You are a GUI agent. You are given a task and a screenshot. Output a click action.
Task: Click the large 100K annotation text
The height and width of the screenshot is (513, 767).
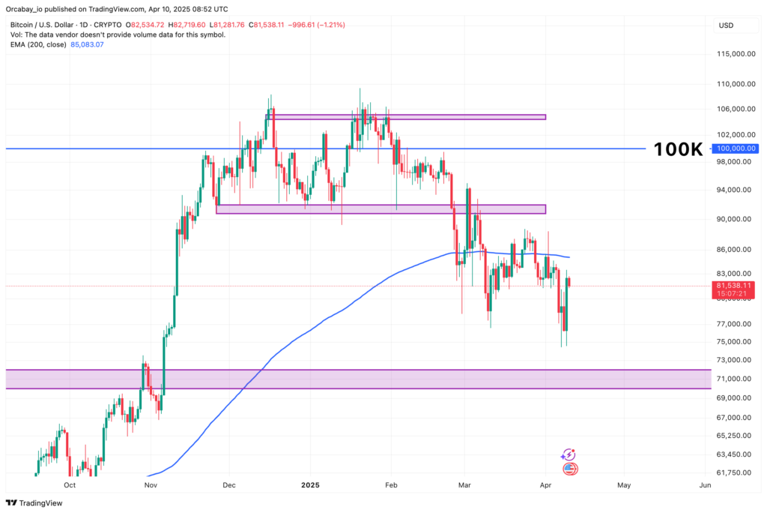point(678,149)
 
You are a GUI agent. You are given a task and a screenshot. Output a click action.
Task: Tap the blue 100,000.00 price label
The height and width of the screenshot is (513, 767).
point(736,148)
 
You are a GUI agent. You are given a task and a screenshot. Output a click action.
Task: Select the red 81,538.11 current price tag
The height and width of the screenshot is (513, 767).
point(735,286)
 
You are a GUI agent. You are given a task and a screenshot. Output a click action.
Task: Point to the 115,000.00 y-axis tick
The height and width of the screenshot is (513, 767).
point(734,54)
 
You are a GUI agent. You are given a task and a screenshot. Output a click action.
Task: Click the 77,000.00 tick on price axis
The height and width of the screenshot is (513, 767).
point(734,324)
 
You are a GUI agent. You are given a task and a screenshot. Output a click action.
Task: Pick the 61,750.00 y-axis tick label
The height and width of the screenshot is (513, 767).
point(734,472)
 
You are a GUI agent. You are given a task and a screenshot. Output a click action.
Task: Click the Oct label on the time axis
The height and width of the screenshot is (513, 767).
point(70,484)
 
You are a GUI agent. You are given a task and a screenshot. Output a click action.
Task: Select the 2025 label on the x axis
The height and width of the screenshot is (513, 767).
point(309,484)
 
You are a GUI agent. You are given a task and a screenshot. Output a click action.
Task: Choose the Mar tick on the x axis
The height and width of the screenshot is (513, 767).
point(464,484)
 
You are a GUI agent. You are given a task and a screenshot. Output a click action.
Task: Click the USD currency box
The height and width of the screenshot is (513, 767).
point(726,25)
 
